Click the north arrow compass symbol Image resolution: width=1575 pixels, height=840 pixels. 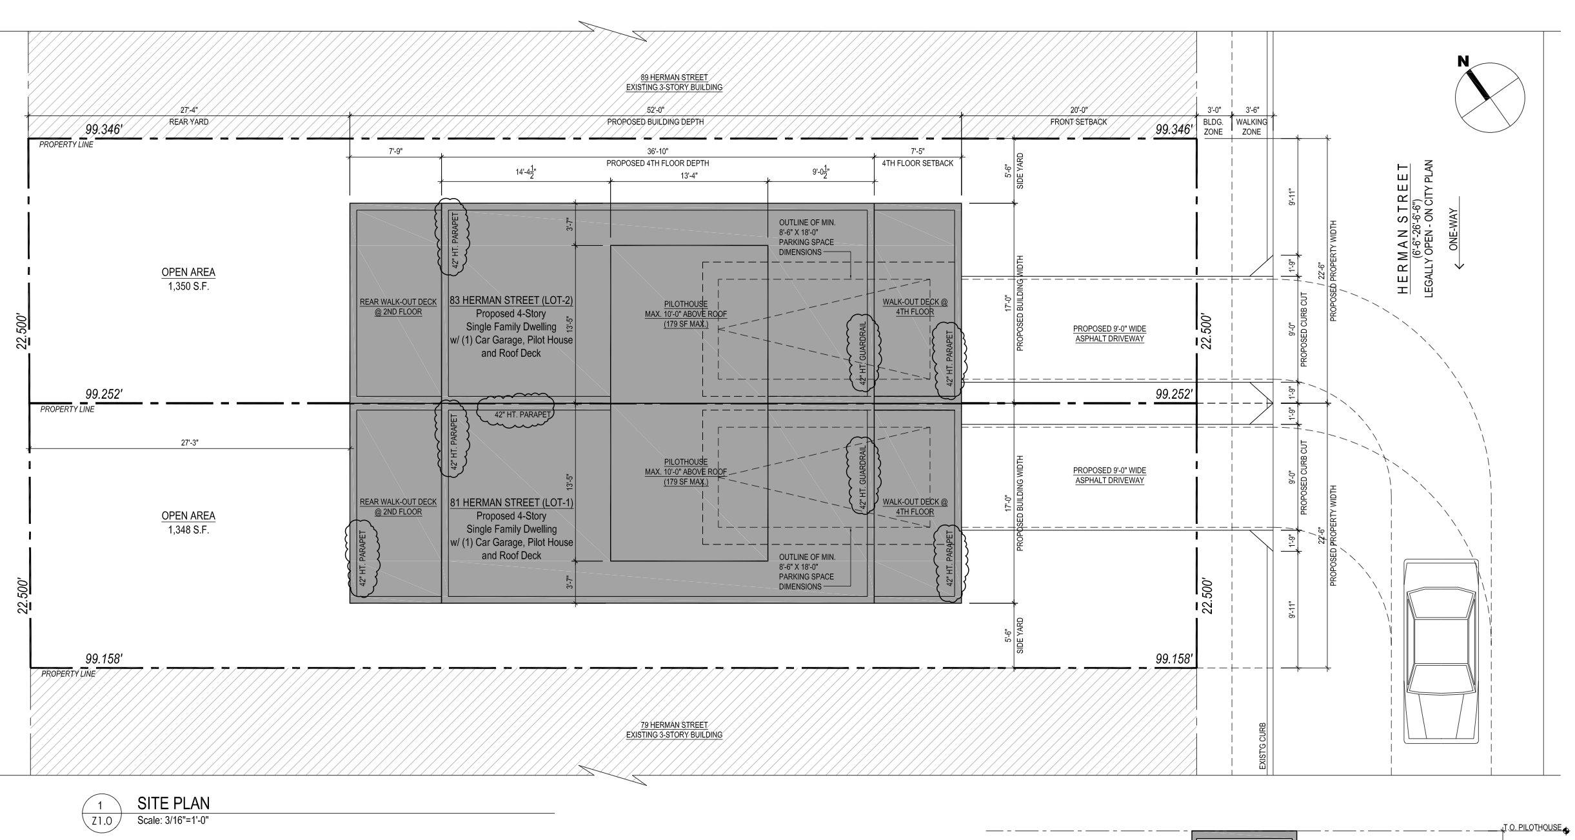[1490, 98]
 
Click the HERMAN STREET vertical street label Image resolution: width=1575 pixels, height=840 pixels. [1402, 229]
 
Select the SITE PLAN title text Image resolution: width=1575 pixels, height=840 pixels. [173, 803]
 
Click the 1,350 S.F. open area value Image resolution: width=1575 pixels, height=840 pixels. [188, 286]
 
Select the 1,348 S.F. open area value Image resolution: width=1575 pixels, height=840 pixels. [188, 530]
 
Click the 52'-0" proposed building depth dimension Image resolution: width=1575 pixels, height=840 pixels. [655, 110]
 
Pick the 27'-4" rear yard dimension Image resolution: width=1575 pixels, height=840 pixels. [189, 110]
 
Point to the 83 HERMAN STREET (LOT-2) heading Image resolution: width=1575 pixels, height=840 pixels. [512, 301]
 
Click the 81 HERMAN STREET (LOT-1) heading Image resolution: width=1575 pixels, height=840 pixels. [512, 503]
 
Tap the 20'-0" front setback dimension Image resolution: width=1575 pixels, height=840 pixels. [1078, 110]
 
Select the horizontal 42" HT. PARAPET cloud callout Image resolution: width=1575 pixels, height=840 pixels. [515, 410]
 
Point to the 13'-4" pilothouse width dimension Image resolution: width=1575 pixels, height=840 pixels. [689, 175]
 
